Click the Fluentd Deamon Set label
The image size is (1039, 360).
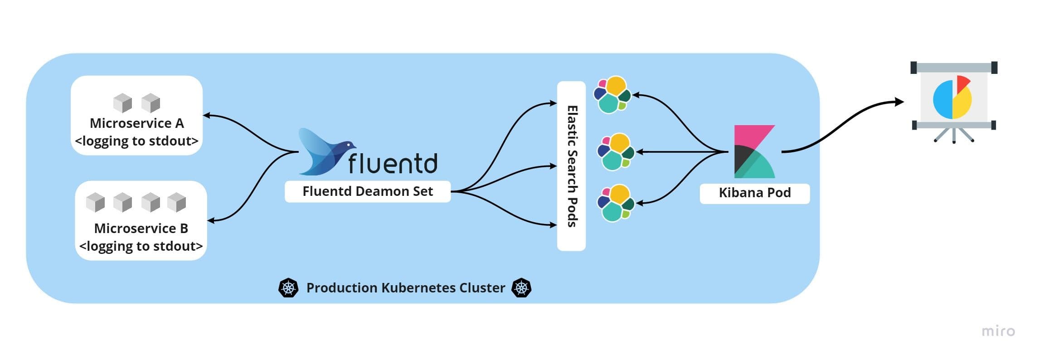pos(367,191)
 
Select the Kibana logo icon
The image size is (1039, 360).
pos(754,151)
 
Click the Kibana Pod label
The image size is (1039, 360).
pos(754,193)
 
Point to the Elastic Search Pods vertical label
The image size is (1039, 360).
pos(572,166)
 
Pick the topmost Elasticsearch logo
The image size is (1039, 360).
pos(612,95)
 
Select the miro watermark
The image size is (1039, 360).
pos(998,331)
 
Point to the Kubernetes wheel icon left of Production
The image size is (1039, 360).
pos(288,288)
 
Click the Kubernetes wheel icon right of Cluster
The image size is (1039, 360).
pos(521,288)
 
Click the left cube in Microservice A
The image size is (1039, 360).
pos(122,103)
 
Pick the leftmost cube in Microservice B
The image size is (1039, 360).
pos(95,202)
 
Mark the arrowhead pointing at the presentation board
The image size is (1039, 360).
pos(899,102)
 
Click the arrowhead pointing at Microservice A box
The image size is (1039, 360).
pos(207,115)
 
